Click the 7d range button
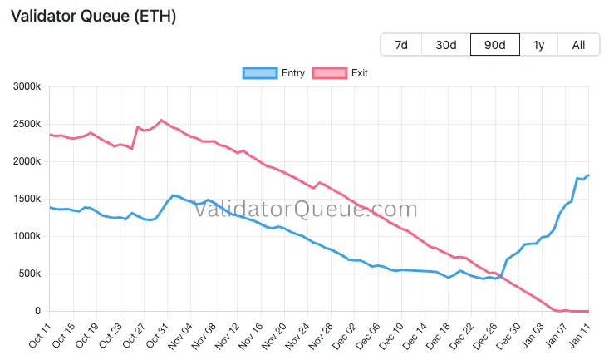pos(401,45)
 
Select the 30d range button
pos(446,45)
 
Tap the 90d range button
pos(494,45)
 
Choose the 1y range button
pos(538,45)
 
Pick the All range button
pos(579,45)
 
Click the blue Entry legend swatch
pos(260,73)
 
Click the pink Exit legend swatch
pos(329,73)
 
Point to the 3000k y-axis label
pos(26,86)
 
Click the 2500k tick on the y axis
pos(26,124)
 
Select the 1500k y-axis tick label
pos(26,199)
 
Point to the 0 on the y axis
pos(38,311)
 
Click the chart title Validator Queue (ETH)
pos(93,16)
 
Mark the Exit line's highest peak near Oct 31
pos(161,120)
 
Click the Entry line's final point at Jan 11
pos(588,175)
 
